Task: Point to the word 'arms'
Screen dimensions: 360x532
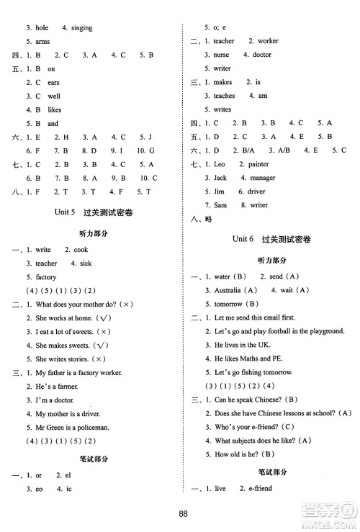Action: [42, 42]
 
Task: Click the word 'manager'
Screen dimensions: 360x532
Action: [262, 178]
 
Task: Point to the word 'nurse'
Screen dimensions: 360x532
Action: [221, 55]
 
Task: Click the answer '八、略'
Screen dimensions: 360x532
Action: [201, 220]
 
